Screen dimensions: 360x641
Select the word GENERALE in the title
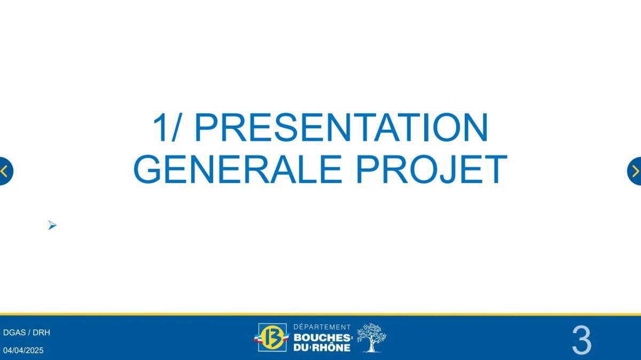237,169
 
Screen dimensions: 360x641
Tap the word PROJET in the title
431,169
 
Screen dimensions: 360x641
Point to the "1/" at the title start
166,128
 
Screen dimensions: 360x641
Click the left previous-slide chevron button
5,171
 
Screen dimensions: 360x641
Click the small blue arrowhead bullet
52,225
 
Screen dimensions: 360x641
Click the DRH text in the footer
41,332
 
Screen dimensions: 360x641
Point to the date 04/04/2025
24,350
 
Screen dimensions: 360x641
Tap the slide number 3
581,340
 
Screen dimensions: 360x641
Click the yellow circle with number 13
272,338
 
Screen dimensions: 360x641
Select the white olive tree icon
371,338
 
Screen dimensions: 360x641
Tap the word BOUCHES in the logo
322,338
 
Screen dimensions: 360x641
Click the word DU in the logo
300,348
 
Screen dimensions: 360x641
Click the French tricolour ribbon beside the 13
258,338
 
